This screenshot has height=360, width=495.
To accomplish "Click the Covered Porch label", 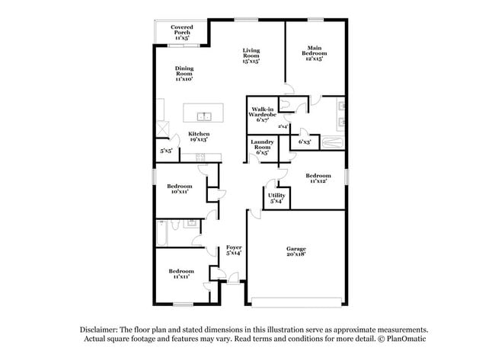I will [x=181, y=30].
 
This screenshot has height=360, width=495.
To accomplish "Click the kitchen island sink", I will [x=204, y=116].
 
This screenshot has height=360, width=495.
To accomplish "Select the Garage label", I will [x=296, y=250].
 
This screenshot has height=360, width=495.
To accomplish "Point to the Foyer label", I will [x=233, y=250].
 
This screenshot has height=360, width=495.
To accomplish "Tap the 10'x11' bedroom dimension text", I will [x=180, y=192].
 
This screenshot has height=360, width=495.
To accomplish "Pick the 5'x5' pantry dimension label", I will [x=165, y=151].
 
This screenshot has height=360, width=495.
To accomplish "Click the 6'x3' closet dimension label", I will [x=305, y=142].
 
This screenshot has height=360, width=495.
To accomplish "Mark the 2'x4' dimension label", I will [x=283, y=126].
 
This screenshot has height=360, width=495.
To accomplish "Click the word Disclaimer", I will [x=101, y=329].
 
